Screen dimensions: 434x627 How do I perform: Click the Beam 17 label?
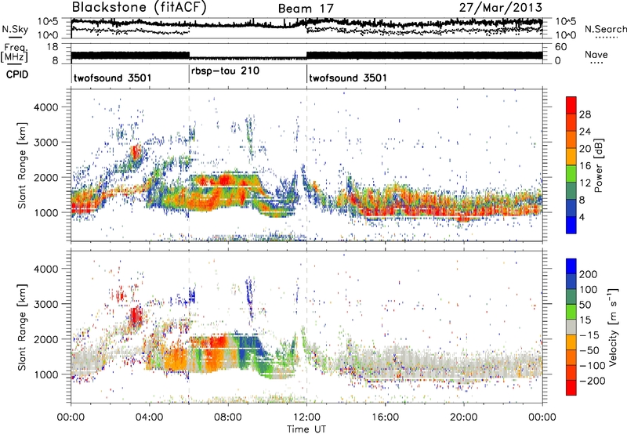(305, 9)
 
